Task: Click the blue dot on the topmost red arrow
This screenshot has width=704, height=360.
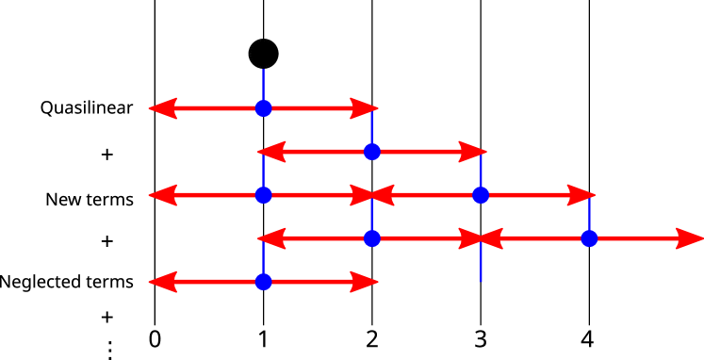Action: click(263, 108)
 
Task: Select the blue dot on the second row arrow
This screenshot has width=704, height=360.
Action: click(372, 152)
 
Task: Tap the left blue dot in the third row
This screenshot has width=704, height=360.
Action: click(263, 195)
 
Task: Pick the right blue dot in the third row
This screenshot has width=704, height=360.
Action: click(481, 195)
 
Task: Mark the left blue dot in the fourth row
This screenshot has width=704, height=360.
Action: click(372, 238)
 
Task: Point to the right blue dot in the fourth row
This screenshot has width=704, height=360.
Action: click(589, 238)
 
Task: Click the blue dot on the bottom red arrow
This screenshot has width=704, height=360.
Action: click(263, 282)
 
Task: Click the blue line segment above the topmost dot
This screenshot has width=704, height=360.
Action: click(263, 84)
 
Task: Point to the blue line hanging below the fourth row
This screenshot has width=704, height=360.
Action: click(481, 265)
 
